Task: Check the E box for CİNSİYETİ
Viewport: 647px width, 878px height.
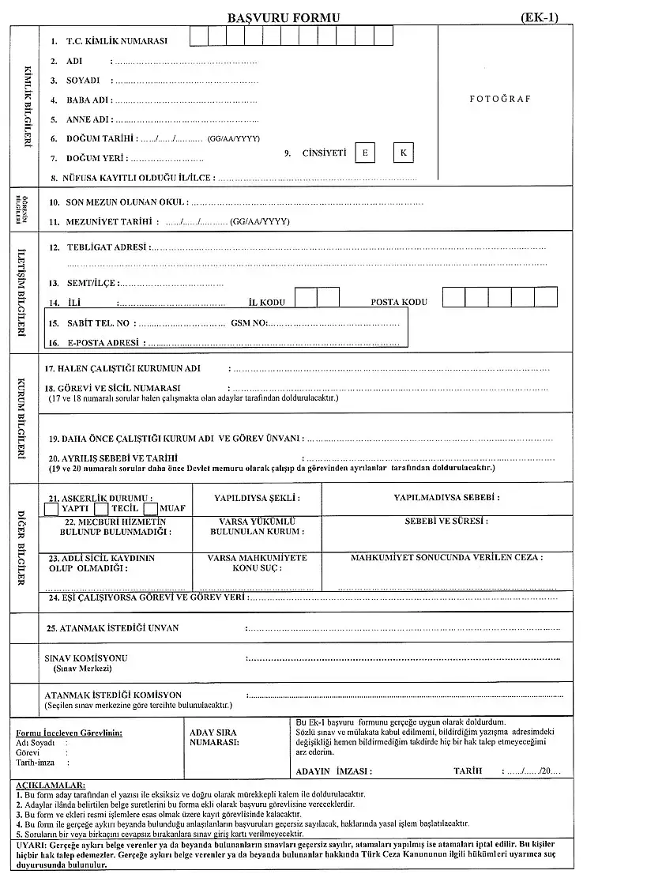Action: point(365,153)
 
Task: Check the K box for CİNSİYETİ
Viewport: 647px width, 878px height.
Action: point(403,153)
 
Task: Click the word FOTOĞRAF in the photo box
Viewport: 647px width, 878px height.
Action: point(500,99)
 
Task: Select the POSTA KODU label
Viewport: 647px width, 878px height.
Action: point(399,302)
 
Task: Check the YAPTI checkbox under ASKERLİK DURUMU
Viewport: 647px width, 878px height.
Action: point(51,509)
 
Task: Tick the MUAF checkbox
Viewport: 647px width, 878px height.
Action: point(150,509)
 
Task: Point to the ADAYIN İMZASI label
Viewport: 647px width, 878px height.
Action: point(333,771)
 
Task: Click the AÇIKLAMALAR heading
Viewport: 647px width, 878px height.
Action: point(50,784)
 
